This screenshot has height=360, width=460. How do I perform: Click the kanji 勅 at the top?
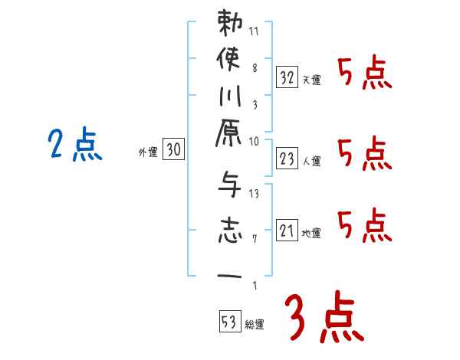230,24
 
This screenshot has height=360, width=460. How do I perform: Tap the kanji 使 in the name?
230,59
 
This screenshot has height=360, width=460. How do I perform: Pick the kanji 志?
230,230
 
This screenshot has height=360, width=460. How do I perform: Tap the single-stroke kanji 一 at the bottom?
230,275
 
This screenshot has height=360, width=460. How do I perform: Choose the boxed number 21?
287,230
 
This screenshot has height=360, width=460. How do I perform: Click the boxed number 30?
173,151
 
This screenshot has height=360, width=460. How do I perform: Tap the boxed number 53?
228,321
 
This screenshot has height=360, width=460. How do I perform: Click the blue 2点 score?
74,146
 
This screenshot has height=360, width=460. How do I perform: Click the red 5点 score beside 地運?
364,225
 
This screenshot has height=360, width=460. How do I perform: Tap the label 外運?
148,153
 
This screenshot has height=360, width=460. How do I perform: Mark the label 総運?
255,324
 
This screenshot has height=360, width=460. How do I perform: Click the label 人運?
312,161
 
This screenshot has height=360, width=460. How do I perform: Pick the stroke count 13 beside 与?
255,194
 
